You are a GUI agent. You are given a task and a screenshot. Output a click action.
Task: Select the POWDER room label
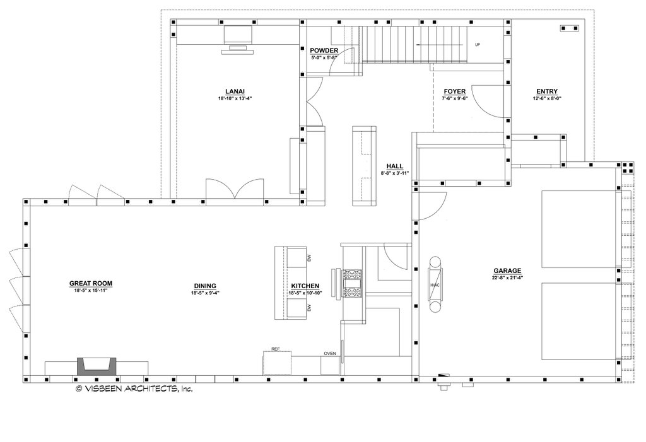point(324,50)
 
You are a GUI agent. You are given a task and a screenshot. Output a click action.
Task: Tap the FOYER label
point(454,91)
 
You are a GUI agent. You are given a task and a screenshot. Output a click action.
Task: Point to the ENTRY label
point(547,91)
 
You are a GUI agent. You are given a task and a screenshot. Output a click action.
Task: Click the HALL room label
point(395,166)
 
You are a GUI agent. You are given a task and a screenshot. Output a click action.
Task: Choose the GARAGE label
point(507,270)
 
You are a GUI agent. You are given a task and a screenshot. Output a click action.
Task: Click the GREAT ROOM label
point(91,284)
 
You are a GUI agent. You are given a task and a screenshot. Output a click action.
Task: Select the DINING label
point(204,286)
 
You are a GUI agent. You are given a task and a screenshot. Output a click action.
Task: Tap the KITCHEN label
point(305,286)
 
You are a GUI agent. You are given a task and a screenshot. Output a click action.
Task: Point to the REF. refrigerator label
point(276,349)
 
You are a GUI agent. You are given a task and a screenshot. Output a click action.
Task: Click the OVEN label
point(330,353)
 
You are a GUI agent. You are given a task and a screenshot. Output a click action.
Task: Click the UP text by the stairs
point(477,45)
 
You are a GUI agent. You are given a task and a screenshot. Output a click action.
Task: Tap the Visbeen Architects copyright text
point(134,389)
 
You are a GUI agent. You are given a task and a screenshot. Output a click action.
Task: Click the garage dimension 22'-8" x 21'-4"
point(507,278)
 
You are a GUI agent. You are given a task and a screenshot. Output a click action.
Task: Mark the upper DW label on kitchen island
point(309,258)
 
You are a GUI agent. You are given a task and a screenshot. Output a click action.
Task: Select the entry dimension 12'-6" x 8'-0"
point(547,98)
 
